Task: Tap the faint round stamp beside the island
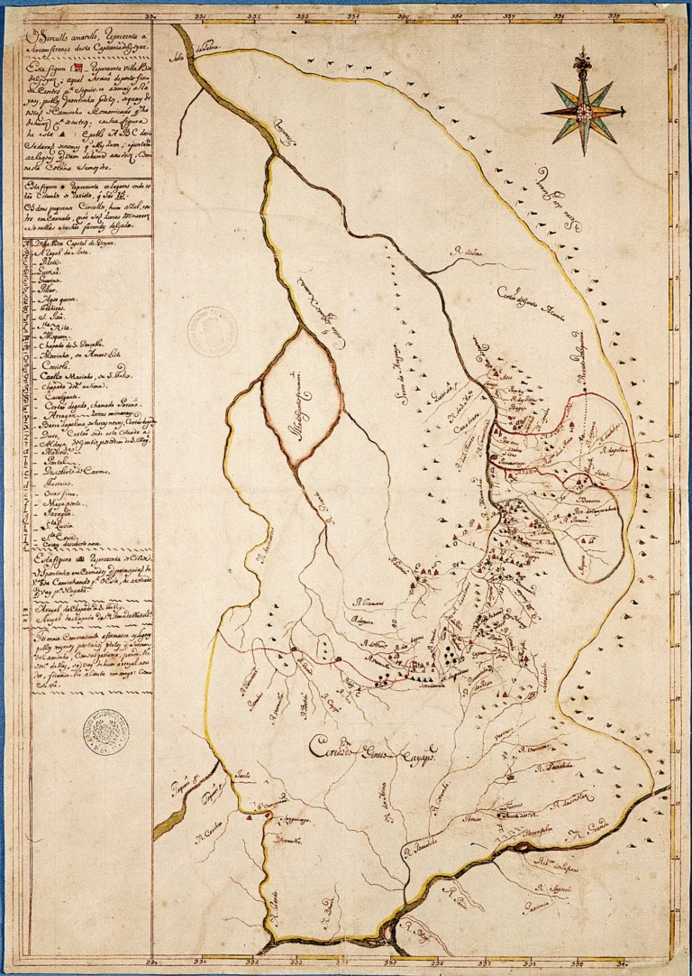213,326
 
